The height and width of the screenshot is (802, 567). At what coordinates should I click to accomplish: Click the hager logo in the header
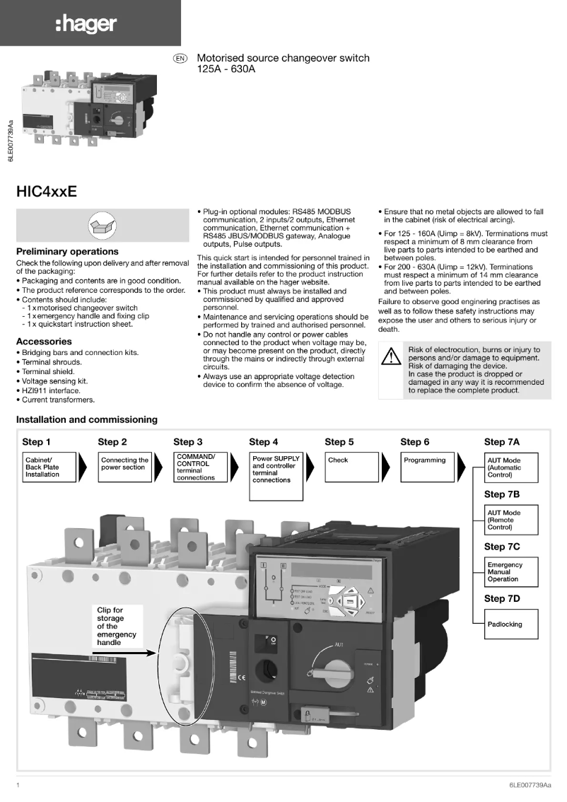(86, 25)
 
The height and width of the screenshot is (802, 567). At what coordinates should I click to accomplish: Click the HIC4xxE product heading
(47, 192)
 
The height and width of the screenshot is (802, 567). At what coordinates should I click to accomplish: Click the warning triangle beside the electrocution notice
(391, 356)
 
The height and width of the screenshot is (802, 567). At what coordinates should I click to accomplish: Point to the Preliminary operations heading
(67, 252)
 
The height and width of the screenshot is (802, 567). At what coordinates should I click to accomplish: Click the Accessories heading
(44, 342)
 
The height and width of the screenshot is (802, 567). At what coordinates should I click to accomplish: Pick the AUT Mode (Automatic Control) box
(510, 467)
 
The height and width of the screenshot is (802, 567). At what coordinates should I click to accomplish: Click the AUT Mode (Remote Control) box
(510, 520)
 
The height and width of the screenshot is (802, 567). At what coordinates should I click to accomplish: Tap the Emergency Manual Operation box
(510, 572)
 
